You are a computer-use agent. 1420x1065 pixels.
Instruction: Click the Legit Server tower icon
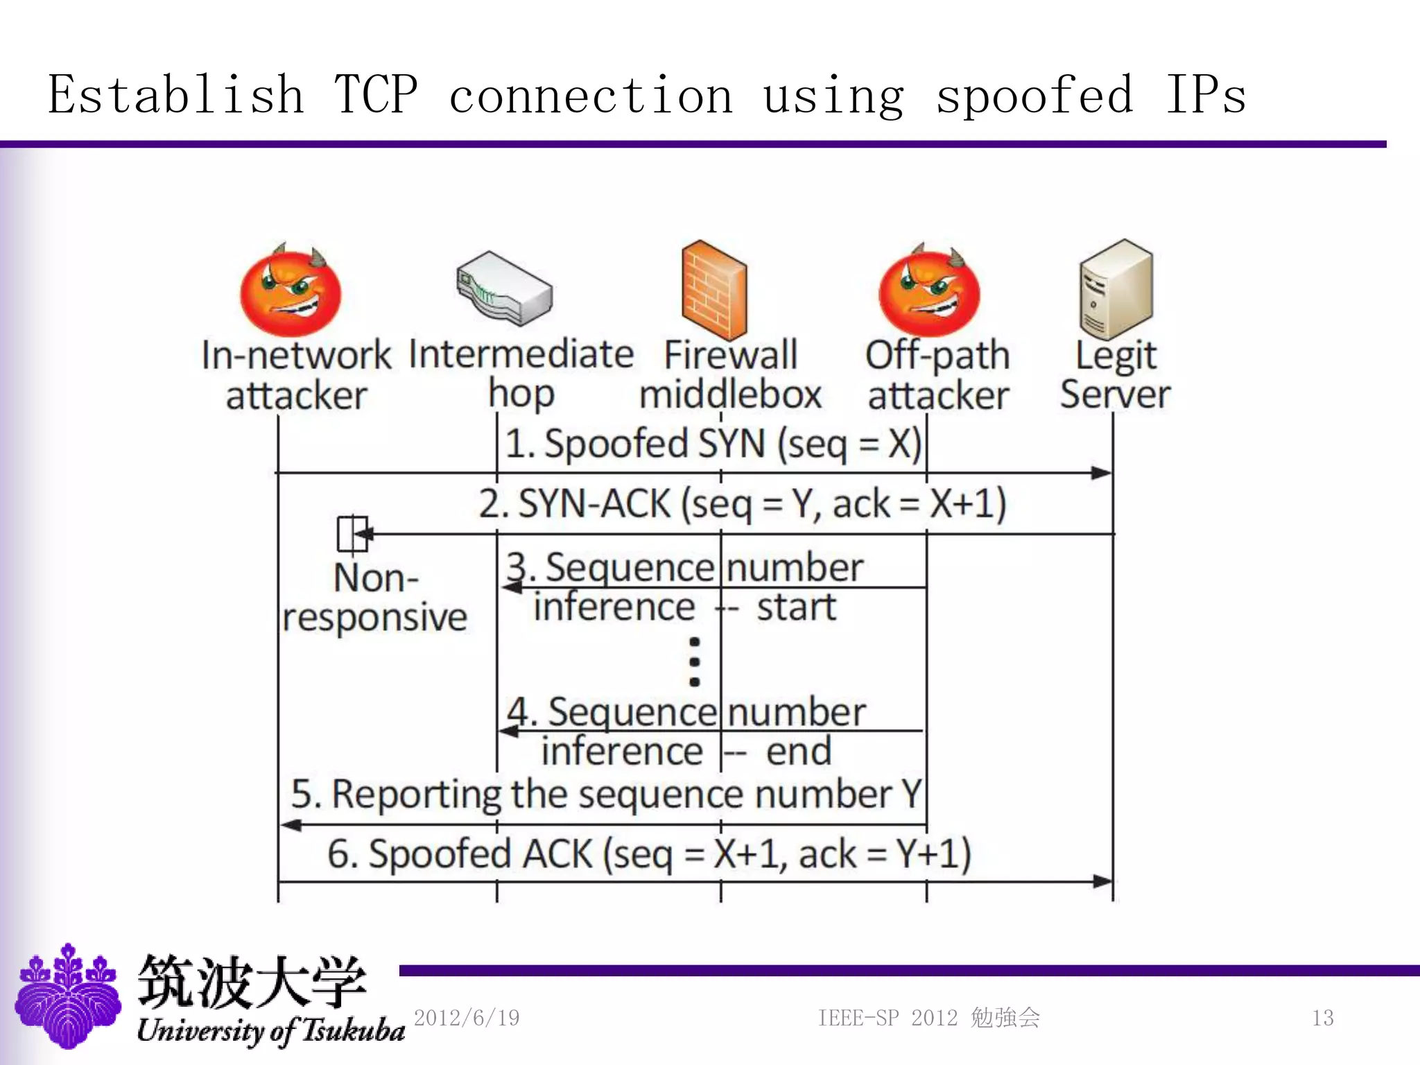tap(1116, 288)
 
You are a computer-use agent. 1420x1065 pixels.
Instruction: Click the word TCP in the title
tap(376, 95)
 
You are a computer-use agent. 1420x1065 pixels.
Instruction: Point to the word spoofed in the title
tap(1034, 95)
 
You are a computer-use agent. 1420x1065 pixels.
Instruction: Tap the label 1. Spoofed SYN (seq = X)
tap(713, 444)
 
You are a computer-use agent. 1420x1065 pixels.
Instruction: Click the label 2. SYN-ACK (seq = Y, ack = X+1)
tap(742, 503)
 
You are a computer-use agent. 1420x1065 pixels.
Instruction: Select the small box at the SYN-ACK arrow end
tap(352, 535)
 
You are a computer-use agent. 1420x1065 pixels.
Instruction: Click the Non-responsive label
tap(375, 598)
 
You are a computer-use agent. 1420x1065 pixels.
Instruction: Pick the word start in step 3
tap(797, 607)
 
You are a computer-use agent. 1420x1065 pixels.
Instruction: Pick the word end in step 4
tap(799, 752)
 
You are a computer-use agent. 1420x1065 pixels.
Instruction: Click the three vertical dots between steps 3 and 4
tap(694, 661)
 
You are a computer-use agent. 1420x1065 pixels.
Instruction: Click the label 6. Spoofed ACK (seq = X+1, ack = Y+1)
tap(649, 854)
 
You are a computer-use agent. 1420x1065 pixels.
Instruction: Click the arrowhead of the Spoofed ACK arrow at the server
tap(1102, 881)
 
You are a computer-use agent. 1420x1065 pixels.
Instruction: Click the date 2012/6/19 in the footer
tap(467, 1018)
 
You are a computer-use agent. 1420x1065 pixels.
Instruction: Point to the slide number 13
tap(1322, 1018)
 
